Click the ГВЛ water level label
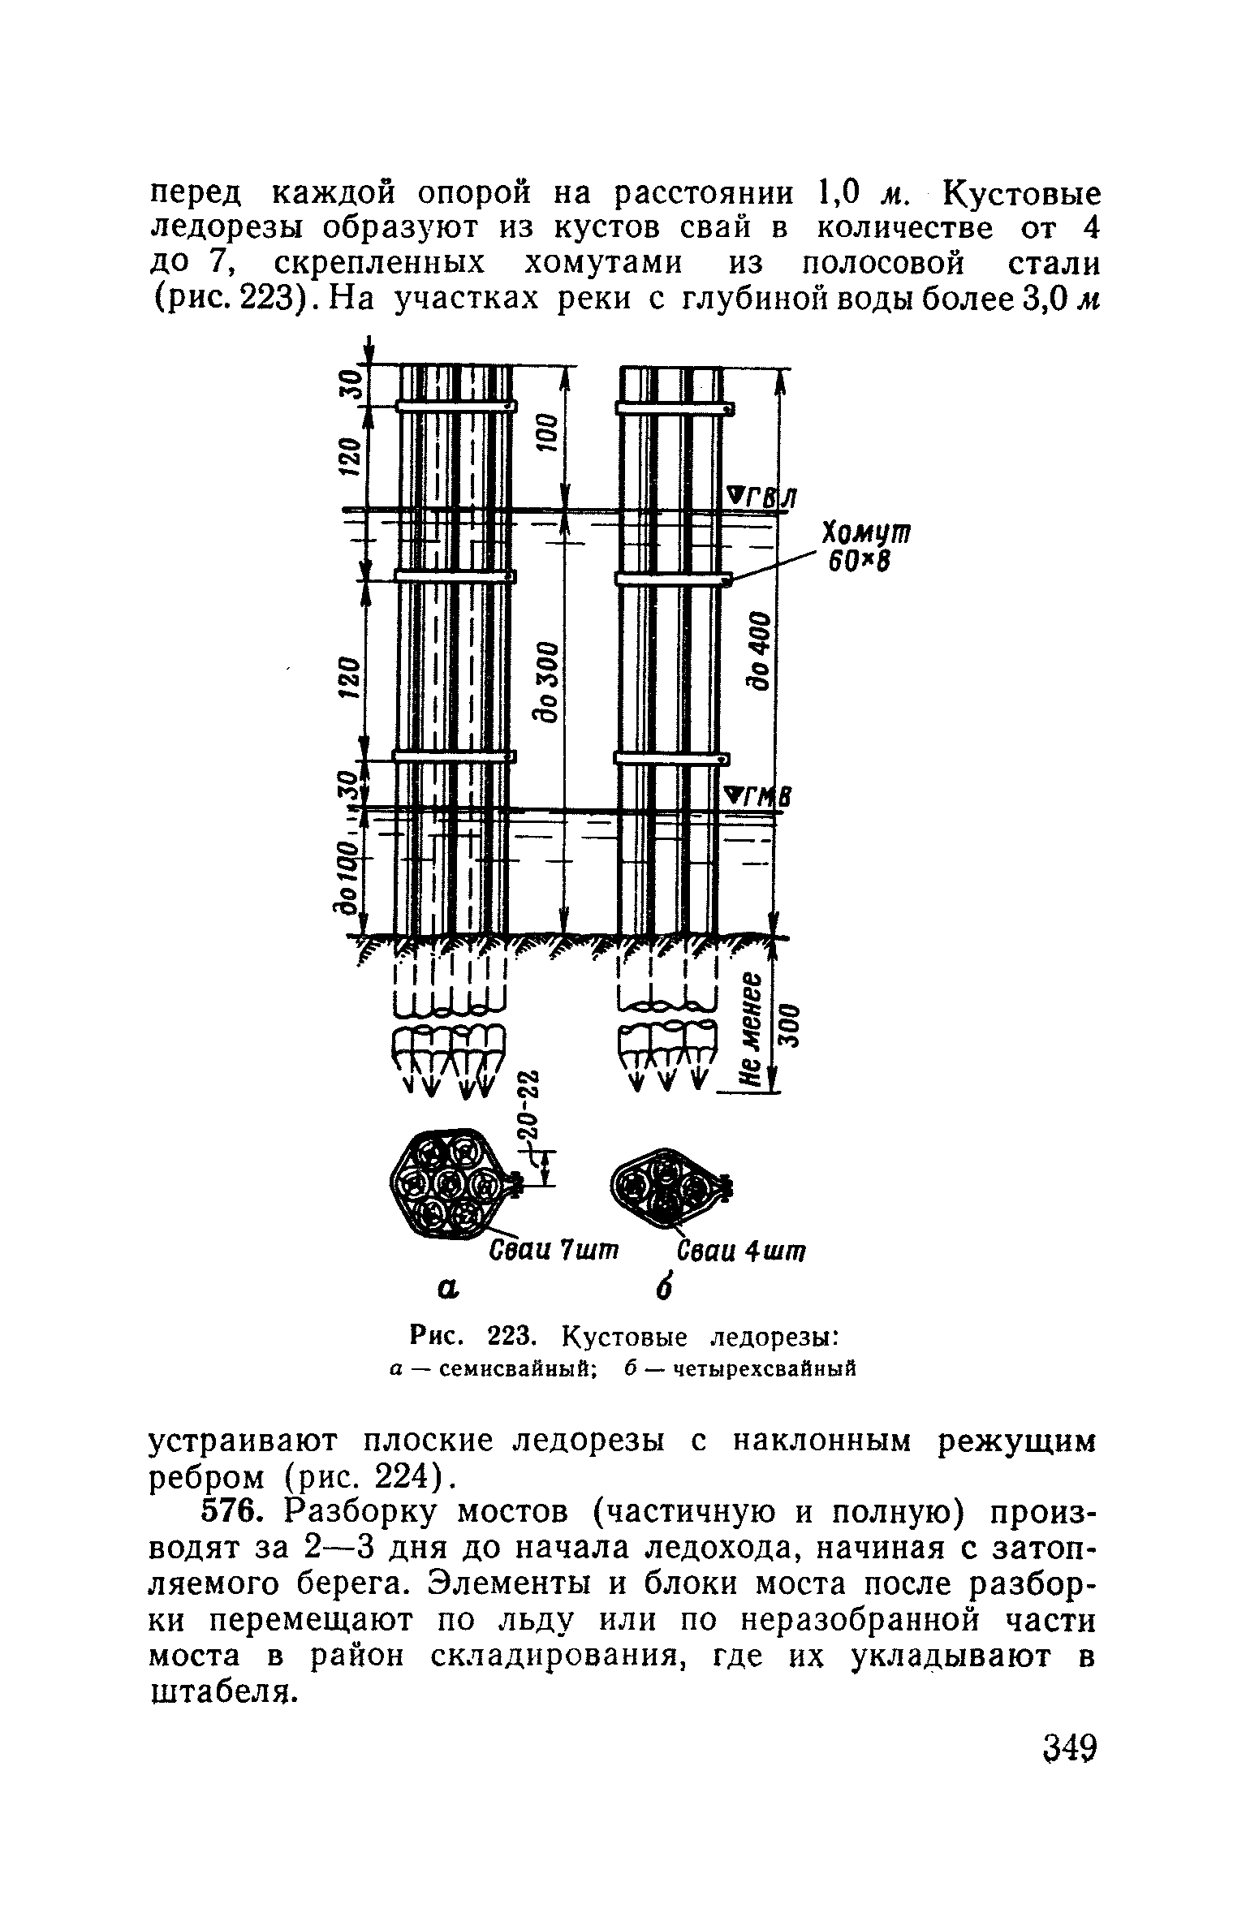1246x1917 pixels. coord(761,498)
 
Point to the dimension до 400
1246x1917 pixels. coord(761,649)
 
